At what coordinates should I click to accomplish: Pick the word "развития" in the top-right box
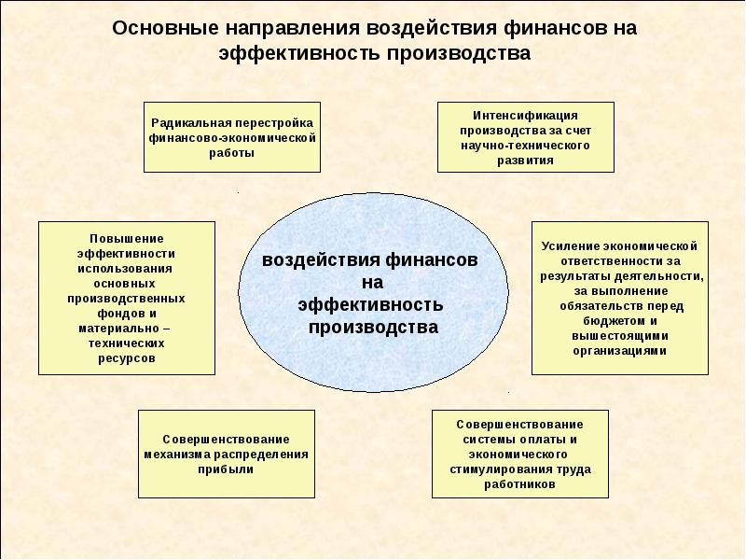pos(526,161)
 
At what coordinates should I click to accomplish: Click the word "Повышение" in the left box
pos(126,238)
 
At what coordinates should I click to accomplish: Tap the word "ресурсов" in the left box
pos(126,357)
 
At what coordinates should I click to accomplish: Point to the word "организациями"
pos(619,351)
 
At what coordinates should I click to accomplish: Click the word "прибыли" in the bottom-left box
pos(226,469)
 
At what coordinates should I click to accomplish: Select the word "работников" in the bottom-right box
pos(521,485)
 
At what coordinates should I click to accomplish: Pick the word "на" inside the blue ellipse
pos(373,283)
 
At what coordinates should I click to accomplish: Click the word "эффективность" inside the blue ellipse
pos(370,305)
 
